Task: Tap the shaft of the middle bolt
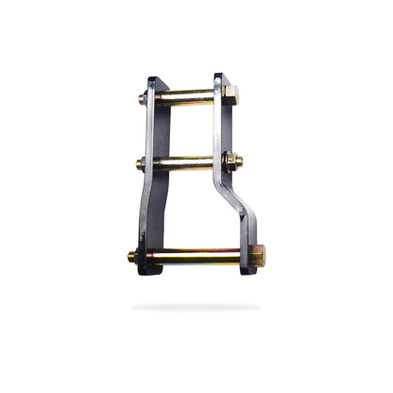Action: [185, 162]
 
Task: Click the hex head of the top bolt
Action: [231, 94]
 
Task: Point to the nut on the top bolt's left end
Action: [145, 97]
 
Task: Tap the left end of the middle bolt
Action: [141, 163]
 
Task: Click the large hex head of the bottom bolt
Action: [256, 255]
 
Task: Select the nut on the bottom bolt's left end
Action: [134, 256]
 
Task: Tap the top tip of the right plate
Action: [219, 77]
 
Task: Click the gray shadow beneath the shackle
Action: [196, 307]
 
